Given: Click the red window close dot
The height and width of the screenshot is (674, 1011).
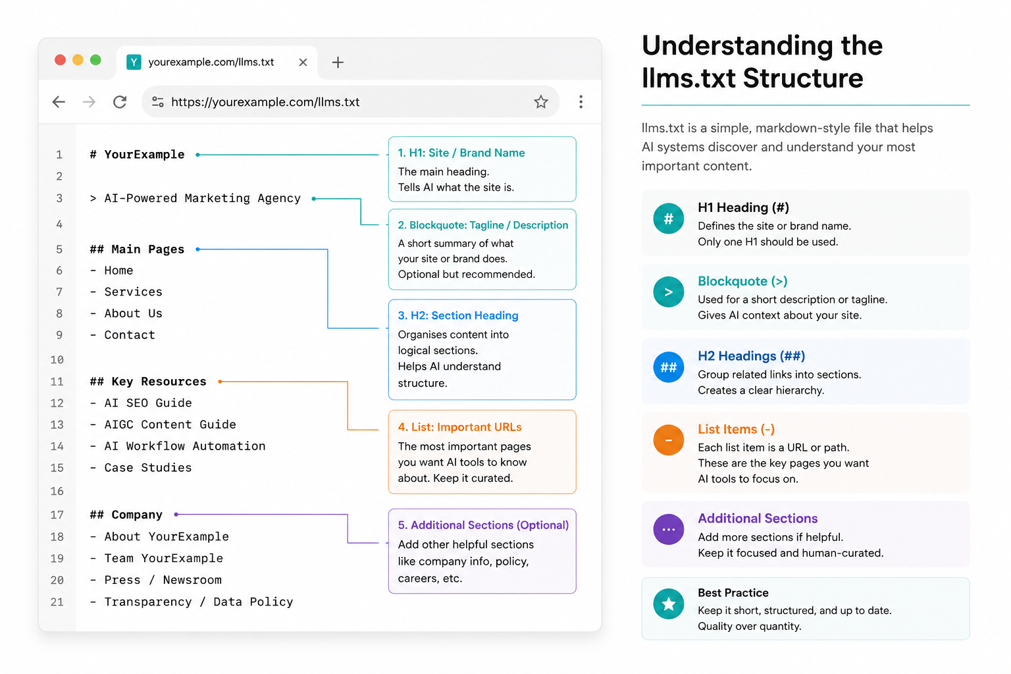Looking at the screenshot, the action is tap(60, 60).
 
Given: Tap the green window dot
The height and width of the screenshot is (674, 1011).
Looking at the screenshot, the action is tap(95, 60).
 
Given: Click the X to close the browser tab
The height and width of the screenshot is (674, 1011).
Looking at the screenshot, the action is tap(303, 63).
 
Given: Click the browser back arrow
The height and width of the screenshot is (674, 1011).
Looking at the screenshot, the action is tap(59, 102).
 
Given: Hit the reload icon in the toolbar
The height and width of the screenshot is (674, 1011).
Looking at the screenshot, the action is tap(120, 102).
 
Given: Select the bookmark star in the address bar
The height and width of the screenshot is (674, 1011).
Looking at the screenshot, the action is tap(540, 101).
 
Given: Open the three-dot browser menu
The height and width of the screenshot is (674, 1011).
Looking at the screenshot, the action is tap(581, 101).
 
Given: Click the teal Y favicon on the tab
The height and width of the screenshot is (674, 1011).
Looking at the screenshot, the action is tap(134, 62).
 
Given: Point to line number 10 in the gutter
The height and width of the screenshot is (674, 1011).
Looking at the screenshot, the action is tap(57, 360).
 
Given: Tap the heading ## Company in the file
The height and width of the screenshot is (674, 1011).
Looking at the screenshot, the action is tap(126, 515).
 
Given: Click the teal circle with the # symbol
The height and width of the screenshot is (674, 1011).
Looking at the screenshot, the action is tap(669, 219).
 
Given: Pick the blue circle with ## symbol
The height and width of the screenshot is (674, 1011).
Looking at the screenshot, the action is tap(669, 367).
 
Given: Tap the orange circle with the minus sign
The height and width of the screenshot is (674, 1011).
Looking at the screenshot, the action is tap(669, 440).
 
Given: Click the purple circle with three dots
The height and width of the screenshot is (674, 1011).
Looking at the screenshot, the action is tap(669, 529).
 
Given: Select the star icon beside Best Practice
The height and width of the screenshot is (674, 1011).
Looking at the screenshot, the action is tap(669, 604).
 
